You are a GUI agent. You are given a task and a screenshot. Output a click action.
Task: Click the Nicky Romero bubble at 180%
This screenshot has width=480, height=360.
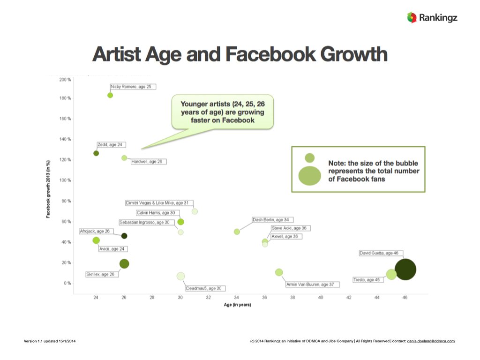(110, 95)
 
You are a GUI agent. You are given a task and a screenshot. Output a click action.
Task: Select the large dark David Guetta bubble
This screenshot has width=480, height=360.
(405, 270)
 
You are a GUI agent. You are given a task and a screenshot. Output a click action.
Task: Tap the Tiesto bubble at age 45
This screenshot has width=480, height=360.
(391, 275)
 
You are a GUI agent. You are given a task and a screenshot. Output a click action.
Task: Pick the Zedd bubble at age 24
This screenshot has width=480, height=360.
(96, 153)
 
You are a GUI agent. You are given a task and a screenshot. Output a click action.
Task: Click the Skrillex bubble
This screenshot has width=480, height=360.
(124, 264)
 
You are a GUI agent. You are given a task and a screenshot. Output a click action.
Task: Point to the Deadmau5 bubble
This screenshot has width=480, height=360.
(180, 276)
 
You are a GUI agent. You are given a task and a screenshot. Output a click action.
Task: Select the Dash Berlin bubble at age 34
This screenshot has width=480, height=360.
(237, 232)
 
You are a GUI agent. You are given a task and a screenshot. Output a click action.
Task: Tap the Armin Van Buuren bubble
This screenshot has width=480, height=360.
(279, 272)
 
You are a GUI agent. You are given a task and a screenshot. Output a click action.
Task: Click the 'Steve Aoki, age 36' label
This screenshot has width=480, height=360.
(290, 228)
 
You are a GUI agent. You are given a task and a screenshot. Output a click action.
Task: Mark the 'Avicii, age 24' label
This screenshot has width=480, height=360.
(113, 249)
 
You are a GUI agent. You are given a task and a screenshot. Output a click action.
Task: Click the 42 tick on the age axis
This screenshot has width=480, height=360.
(349, 298)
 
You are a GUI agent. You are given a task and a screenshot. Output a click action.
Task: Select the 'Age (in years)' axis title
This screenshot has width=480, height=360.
(238, 306)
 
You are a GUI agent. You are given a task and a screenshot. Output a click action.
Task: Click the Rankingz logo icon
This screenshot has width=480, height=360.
(412, 18)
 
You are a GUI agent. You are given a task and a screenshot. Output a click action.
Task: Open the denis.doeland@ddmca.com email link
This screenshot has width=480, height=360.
(431, 341)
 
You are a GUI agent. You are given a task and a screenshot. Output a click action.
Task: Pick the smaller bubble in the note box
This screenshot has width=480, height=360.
(309, 158)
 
